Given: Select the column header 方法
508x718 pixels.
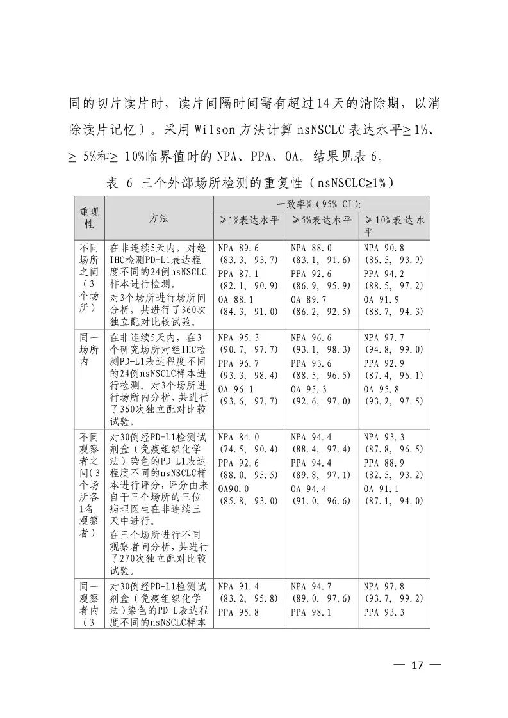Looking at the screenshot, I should coord(159,218).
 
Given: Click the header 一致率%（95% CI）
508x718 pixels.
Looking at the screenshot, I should coord(322,203).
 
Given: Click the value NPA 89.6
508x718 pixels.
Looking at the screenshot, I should coord(240,248).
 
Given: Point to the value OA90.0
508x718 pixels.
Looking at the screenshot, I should coord(234,488).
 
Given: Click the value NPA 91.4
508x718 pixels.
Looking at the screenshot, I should coord(240,586).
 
